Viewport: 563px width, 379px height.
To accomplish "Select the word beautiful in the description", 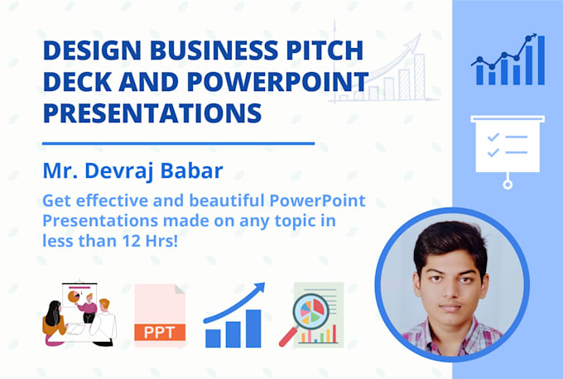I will [x=196, y=202].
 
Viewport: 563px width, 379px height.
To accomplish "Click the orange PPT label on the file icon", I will [x=160, y=333].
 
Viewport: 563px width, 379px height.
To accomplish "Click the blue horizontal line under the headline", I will [x=178, y=143].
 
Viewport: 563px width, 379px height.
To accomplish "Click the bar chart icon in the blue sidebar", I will [x=508, y=61].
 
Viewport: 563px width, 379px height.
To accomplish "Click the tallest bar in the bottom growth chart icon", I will [x=253, y=328].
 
